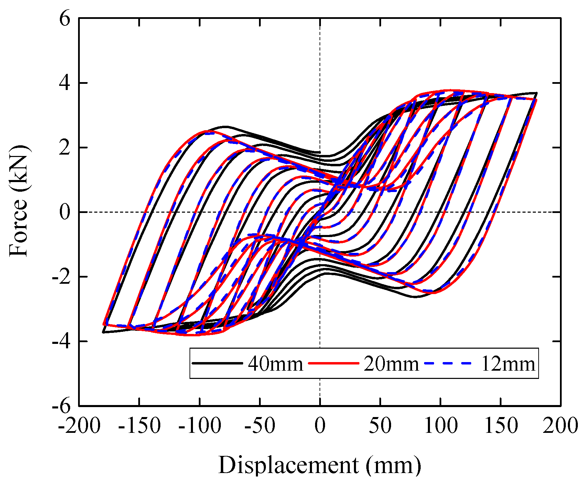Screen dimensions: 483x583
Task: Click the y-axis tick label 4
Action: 65,83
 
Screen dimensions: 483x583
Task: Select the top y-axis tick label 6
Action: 65,19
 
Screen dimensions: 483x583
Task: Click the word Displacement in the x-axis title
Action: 288,466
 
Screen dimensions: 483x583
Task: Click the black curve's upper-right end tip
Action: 536,93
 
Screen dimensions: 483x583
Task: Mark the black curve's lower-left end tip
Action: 103,332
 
